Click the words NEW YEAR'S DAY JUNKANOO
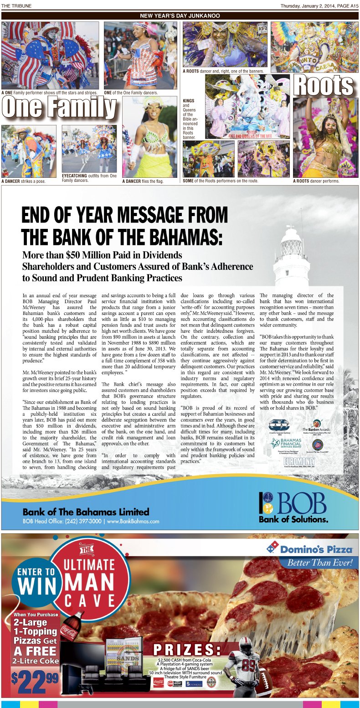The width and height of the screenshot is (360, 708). [180, 16]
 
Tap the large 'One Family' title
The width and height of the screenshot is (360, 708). [59, 108]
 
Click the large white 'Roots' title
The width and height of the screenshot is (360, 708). [323, 85]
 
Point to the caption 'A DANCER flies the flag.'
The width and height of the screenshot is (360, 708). [143, 181]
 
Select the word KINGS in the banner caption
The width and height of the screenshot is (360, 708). [189, 101]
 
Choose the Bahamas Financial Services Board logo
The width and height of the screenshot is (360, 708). [284, 444]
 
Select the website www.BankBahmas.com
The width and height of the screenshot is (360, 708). [133, 521]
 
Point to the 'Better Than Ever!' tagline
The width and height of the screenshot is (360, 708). [320, 563]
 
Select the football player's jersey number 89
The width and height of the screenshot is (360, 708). [249, 665]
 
